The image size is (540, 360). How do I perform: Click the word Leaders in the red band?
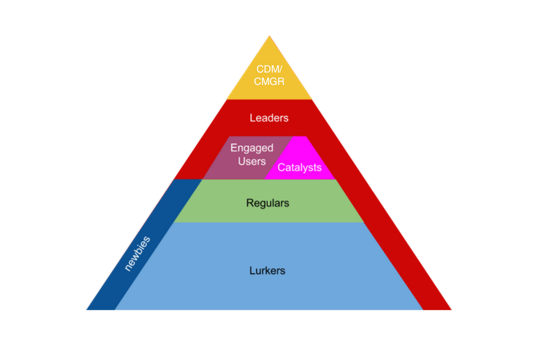click(x=269, y=118)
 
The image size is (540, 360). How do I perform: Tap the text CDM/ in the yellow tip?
click(x=269, y=69)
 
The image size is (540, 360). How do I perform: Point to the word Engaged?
click(x=252, y=148)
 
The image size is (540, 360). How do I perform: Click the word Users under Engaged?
click(x=252, y=161)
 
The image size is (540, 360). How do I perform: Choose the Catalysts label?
click(x=299, y=168)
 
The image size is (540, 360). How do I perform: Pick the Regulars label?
click(x=268, y=202)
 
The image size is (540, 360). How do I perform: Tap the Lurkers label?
click(x=267, y=271)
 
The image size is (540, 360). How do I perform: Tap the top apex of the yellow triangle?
click(x=269, y=37)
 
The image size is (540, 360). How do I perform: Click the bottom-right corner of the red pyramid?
click(x=451, y=309)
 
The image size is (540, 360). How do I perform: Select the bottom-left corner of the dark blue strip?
click(x=87, y=309)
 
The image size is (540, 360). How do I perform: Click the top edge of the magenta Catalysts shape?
click(x=299, y=137)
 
